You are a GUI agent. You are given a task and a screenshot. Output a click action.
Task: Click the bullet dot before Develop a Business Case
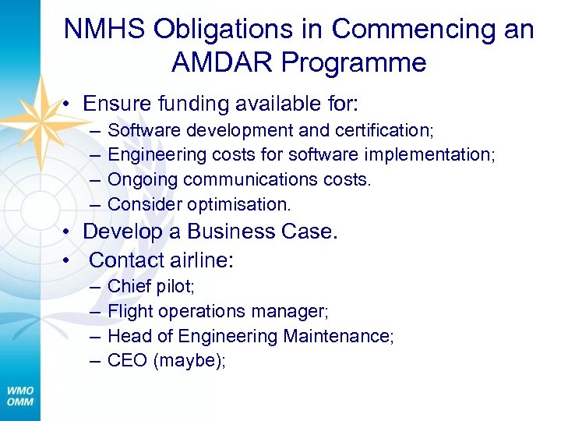(x=69, y=232)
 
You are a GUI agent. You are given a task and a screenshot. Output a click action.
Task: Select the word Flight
(x=130, y=311)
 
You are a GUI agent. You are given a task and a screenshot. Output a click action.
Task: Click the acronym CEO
(x=125, y=361)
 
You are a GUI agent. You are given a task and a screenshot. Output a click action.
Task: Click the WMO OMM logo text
(x=20, y=395)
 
